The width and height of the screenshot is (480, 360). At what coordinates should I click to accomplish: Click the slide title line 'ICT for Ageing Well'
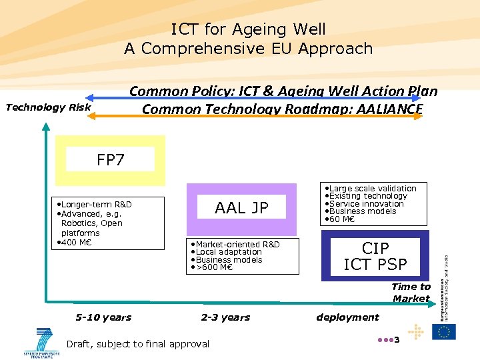[248, 29]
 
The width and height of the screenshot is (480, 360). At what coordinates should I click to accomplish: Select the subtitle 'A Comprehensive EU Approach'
[248, 49]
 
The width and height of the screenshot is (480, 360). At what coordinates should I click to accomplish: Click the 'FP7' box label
[110, 160]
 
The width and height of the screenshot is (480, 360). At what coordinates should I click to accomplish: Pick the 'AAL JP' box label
[241, 208]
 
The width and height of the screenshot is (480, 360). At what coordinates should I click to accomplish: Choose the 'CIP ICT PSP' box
[375, 257]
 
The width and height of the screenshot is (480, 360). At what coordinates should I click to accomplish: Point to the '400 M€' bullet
[77, 242]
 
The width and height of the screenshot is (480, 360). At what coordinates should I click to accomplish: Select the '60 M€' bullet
[341, 219]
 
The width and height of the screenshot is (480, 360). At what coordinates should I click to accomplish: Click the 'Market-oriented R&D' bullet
[237, 245]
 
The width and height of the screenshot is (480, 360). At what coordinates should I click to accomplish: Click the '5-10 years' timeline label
[103, 317]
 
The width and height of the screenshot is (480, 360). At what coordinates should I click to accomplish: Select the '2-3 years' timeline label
[225, 317]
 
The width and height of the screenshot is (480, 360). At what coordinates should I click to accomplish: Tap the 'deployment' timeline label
[347, 317]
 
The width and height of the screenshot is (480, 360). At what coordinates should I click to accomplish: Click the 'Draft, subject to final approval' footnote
[138, 344]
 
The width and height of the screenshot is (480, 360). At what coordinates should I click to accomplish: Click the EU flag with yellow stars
[443, 332]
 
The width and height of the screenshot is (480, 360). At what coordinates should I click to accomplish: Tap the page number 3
[396, 341]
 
